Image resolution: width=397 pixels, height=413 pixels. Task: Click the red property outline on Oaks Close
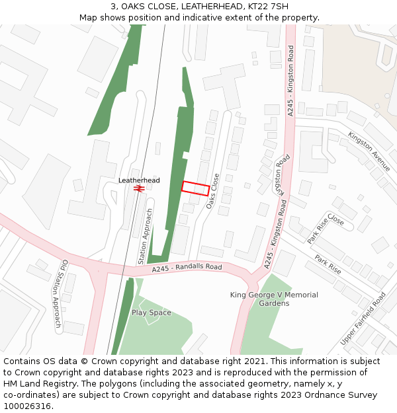(x=195, y=188)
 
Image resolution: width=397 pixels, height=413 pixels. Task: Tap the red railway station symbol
(x=139, y=188)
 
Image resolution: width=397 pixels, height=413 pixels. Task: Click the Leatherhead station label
(x=139, y=180)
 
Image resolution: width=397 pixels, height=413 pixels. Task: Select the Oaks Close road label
(x=212, y=192)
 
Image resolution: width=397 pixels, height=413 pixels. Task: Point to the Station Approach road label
(x=145, y=237)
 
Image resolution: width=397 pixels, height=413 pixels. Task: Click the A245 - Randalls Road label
(x=187, y=268)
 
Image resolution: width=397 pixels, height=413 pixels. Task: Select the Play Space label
(x=151, y=313)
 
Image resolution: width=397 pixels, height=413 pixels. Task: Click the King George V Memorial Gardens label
(x=274, y=299)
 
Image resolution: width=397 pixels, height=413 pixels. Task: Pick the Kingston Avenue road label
(x=369, y=151)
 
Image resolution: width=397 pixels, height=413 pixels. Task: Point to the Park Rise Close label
(x=326, y=229)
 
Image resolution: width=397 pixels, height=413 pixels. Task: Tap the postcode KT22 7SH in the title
(x=271, y=7)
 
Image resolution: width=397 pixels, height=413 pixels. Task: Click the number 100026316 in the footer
(x=28, y=406)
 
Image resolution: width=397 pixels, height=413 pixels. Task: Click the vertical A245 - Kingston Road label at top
(x=290, y=81)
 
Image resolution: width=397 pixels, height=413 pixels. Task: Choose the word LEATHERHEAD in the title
(x=213, y=7)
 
